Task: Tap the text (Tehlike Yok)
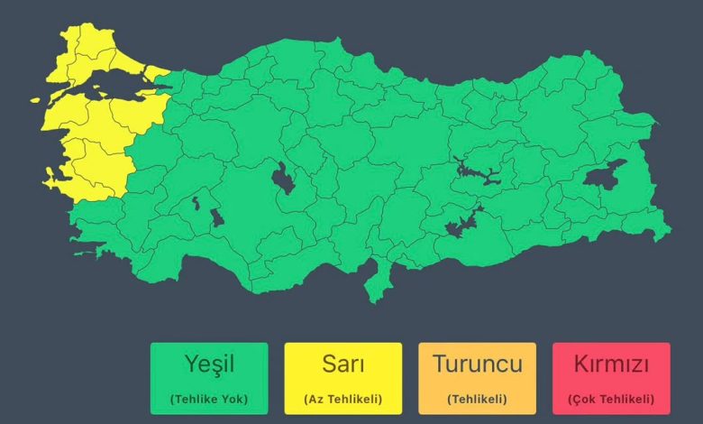tap(208, 399)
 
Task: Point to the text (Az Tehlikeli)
tap(342, 399)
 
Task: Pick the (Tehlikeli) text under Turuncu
tap(477, 399)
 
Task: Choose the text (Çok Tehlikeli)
tap(611, 399)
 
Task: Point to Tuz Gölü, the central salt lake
tap(283, 178)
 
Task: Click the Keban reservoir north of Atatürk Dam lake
tap(479, 171)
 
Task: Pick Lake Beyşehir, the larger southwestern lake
tap(217, 217)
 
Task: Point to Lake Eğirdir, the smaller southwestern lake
tap(195, 204)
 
